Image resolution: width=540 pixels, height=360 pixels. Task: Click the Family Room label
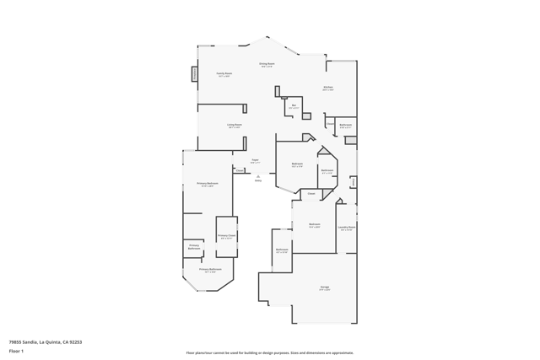click(224, 73)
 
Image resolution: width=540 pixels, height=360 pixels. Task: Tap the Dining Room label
click(267, 64)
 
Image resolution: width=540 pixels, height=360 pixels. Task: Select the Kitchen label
click(327, 88)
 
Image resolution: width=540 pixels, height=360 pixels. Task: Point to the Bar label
click(294, 105)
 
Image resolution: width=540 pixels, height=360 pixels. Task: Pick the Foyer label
click(255, 160)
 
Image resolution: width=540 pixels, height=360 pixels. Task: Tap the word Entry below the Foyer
click(258, 180)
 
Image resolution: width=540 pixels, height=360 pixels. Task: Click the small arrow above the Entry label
click(258, 175)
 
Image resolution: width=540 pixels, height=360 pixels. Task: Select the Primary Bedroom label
click(208, 183)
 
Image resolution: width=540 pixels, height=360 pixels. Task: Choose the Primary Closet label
click(226, 236)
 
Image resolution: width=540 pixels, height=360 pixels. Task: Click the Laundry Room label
click(347, 227)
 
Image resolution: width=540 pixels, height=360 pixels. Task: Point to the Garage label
click(325, 287)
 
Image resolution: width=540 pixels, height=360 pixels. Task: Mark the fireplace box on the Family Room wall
click(195, 74)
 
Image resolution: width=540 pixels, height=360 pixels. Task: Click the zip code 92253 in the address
click(76, 342)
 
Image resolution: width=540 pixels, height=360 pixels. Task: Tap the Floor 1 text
click(16, 351)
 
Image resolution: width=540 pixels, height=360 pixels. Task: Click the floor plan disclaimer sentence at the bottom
click(270, 352)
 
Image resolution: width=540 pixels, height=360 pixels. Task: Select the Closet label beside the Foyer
click(240, 170)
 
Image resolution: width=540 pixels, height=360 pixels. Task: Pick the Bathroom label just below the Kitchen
click(346, 125)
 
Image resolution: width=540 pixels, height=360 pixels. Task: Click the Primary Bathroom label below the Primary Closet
click(211, 270)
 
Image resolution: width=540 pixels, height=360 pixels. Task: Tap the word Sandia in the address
click(30, 342)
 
